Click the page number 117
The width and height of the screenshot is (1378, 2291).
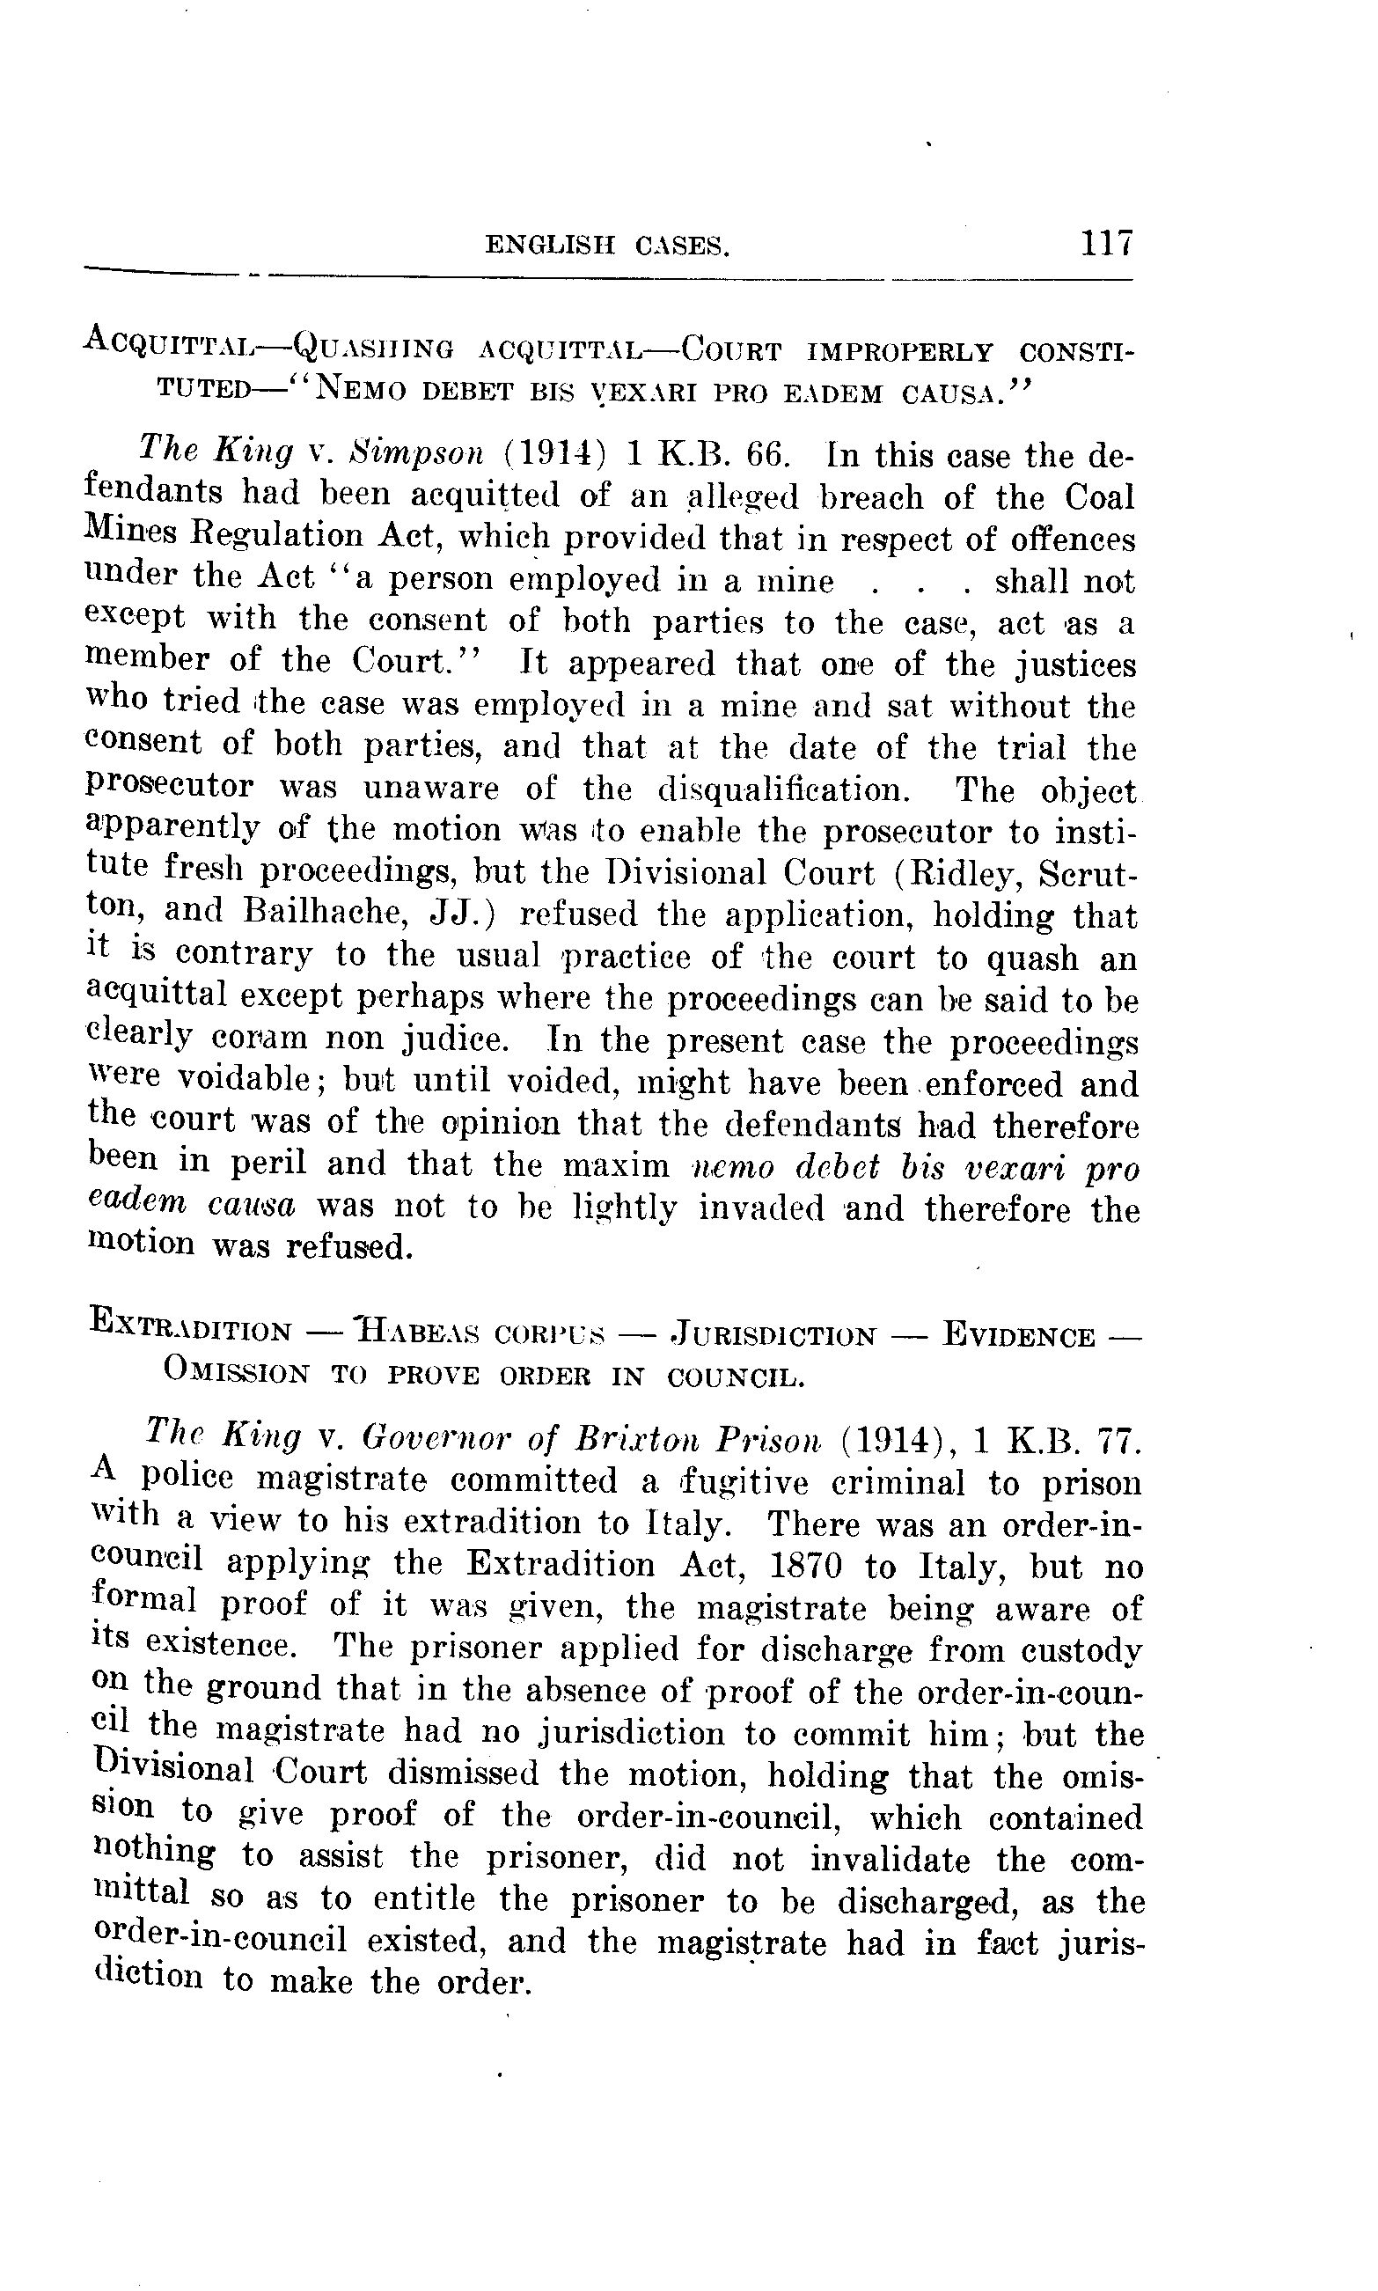tap(1106, 243)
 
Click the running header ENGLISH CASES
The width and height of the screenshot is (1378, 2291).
tap(607, 246)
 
